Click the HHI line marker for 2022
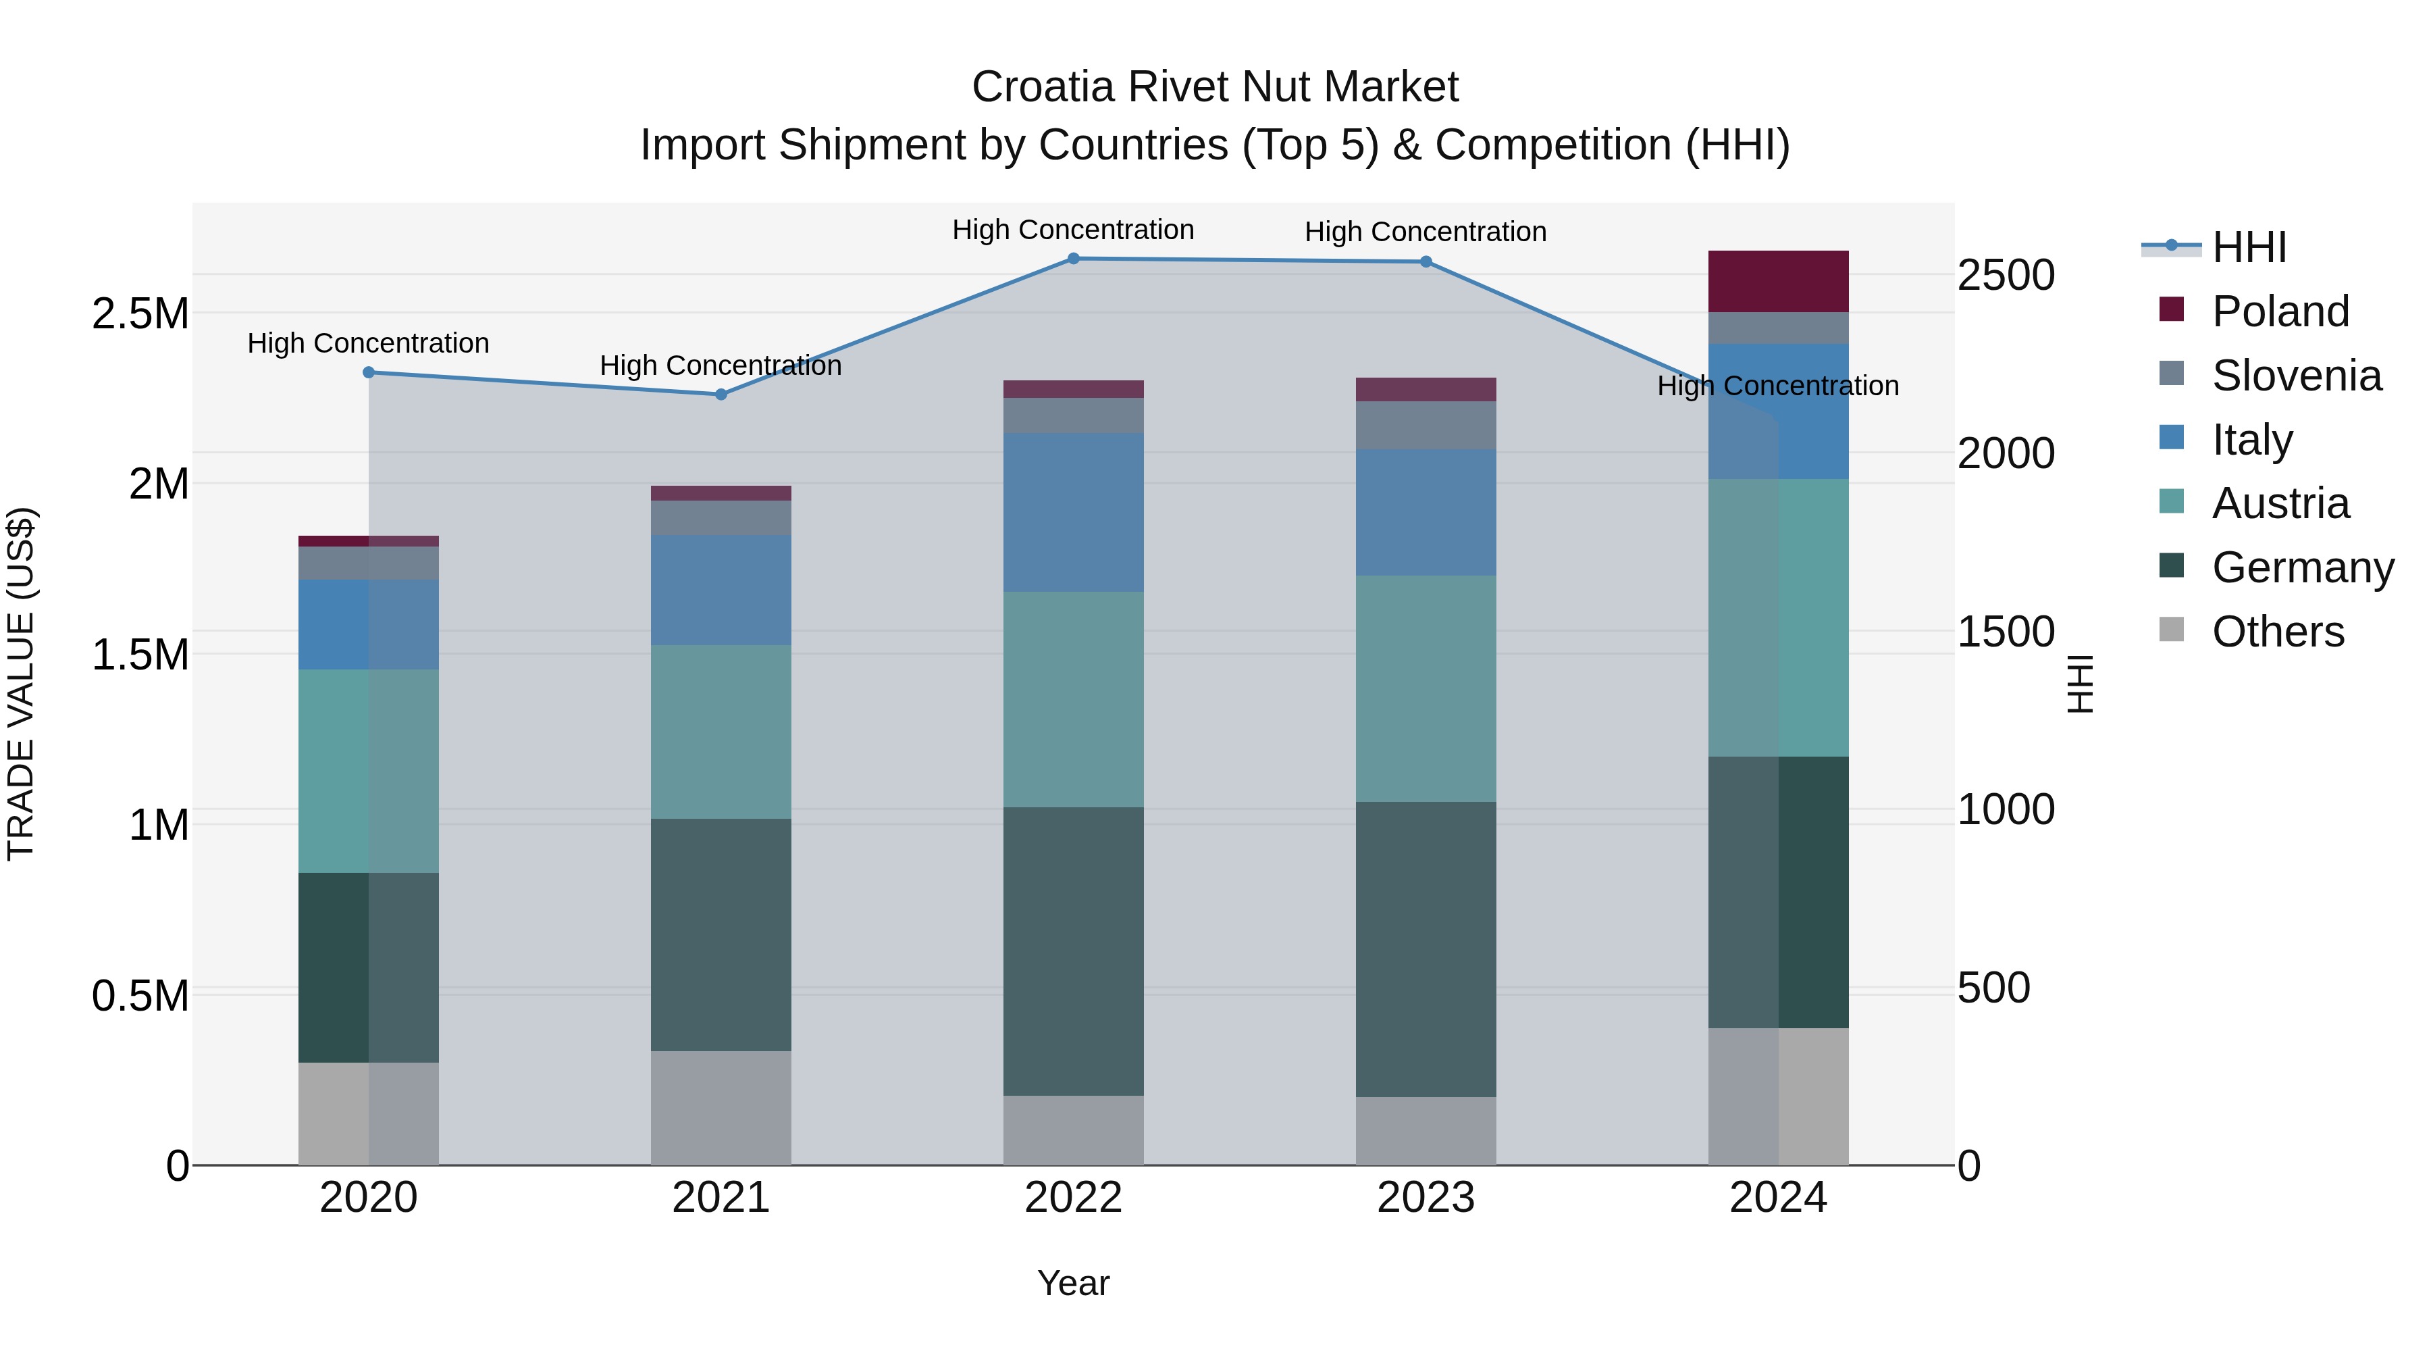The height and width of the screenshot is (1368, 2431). (1073, 259)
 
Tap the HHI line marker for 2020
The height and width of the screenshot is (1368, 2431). (369, 373)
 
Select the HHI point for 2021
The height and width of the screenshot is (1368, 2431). (721, 395)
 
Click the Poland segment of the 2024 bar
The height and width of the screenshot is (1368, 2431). (1778, 281)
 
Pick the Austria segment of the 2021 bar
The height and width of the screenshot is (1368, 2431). (721, 732)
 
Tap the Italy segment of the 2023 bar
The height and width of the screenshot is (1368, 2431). (1426, 513)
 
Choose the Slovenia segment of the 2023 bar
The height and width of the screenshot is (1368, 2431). (1426, 425)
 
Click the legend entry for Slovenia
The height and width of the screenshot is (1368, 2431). (2295, 376)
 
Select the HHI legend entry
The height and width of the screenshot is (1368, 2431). (2248, 247)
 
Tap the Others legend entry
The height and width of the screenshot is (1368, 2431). (2276, 632)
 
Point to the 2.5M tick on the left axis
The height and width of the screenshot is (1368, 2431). (140, 313)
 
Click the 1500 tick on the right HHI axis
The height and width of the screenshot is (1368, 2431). (2006, 632)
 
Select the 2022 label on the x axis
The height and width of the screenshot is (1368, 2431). (1073, 1198)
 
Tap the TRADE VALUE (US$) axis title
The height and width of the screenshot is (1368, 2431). (21, 684)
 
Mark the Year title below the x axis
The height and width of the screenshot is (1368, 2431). (1073, 1283)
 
